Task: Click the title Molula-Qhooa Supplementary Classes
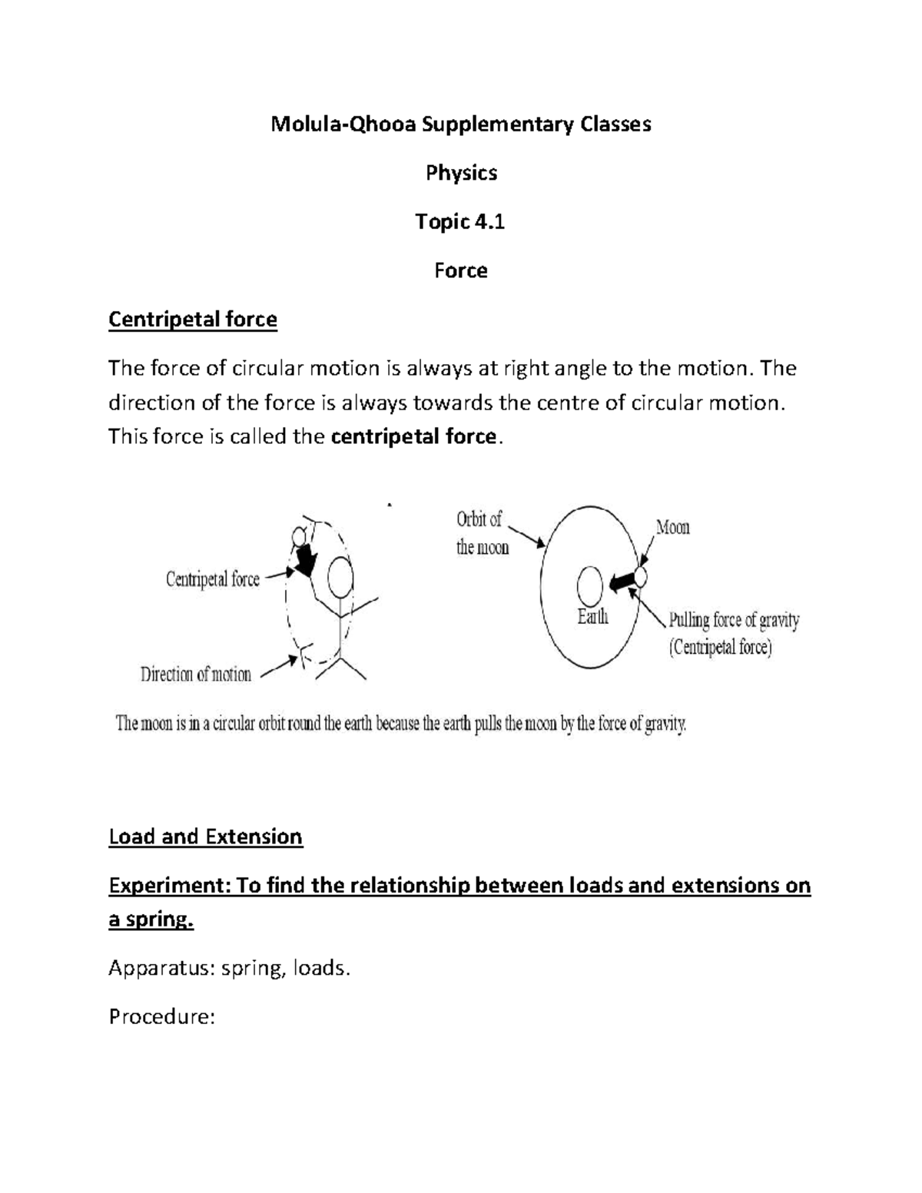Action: pos(460,124)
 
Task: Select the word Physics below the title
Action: pos(461,173)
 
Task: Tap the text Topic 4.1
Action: pos(460,222)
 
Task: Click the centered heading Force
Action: pos(460,270)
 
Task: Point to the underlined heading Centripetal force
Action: pos(193,319)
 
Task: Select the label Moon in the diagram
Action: pos(672,528)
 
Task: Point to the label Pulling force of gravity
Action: pos(734,620)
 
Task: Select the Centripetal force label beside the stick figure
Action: pos(213,579)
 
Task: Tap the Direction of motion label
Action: pos(196,675)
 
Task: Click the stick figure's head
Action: pos(340,575)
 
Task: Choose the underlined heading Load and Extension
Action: pos(206,837)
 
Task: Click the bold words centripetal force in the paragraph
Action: pos(413,437)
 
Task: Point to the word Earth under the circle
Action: pos(592,617)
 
